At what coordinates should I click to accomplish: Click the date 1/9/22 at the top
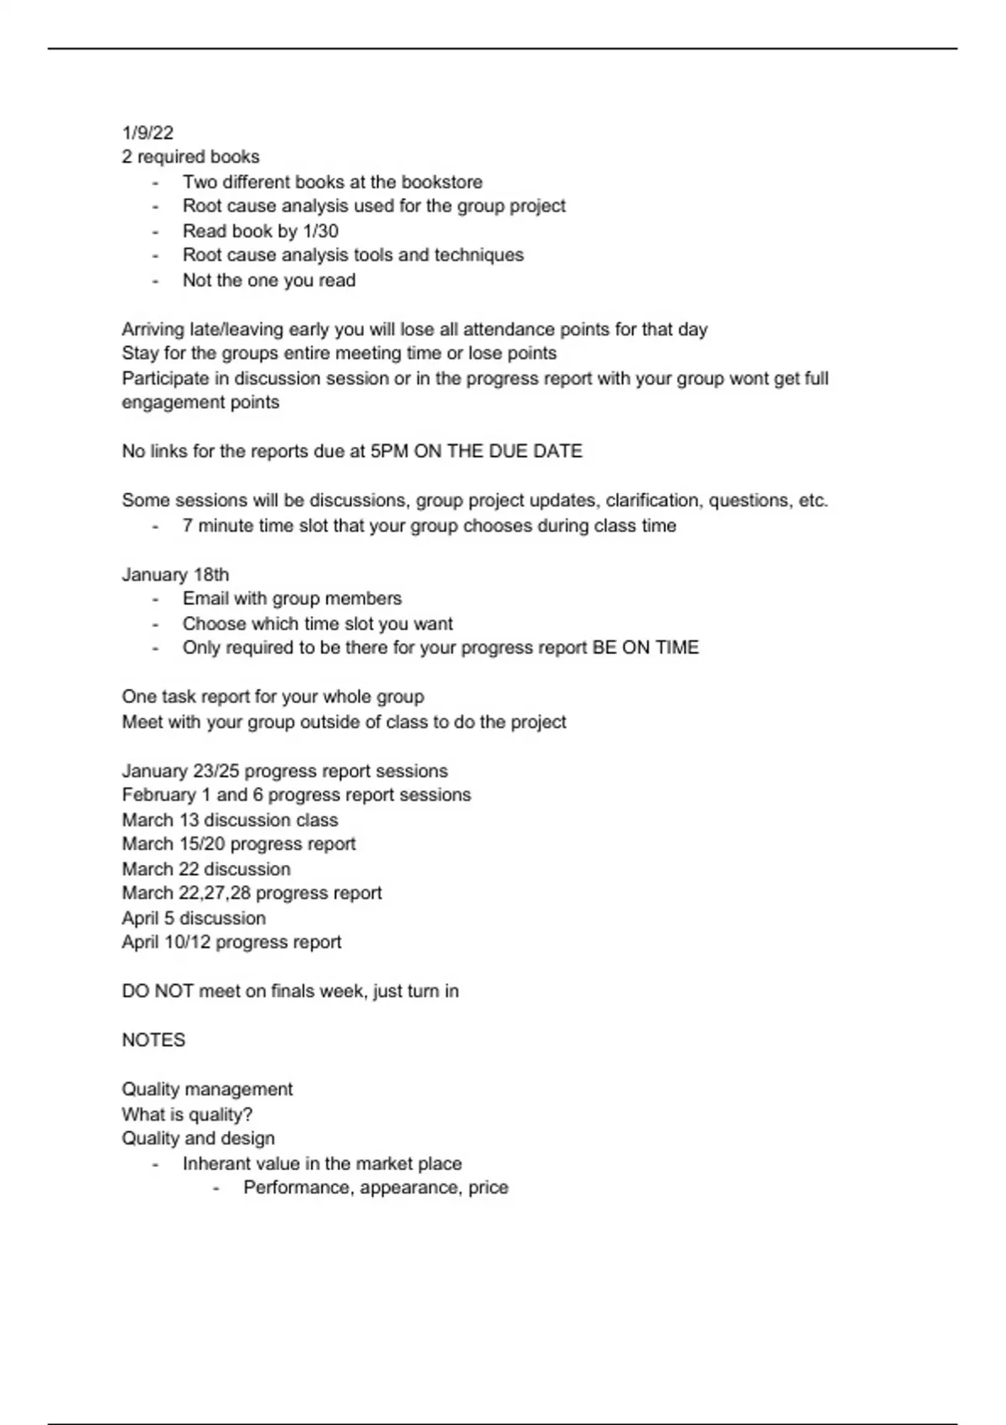click(x=148, y=132)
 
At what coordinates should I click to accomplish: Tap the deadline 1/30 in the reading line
click(x=320, y=231)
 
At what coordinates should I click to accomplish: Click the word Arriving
click(x=154, y=329)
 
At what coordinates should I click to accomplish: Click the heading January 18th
click(x=175, y=574)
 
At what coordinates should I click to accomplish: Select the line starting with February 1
click(x=296, y=795)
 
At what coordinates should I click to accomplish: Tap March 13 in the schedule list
click(x=159, y=820)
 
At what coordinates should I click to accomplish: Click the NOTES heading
click(x=153, y=1040)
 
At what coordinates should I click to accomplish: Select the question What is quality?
click(x=187, y=1114)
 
